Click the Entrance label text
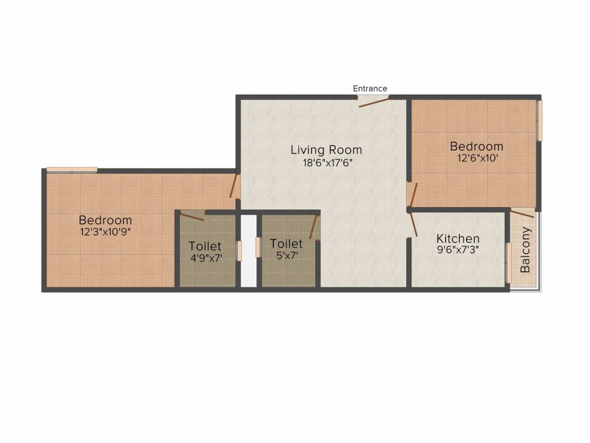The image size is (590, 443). pos(370,88)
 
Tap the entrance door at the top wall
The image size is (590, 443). pos(373,102)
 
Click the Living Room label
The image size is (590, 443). pos(326,150)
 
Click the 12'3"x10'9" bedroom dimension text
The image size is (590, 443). pos(105,232)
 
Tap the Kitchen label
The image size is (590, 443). pos(457,238)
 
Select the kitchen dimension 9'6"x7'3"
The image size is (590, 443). pos(457,250)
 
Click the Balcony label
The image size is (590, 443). pos(525,250)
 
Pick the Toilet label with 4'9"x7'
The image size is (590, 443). pos(205,246)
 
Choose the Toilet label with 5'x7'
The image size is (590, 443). pos(286,243)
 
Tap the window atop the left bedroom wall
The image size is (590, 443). pos(72,170)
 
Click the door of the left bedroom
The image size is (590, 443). pos(234,186)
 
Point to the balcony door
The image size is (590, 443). pos(523,214)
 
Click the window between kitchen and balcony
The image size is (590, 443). pos(508,262)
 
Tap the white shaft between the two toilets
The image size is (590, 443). pos(248,250)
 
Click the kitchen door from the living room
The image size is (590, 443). pos(412,225)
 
